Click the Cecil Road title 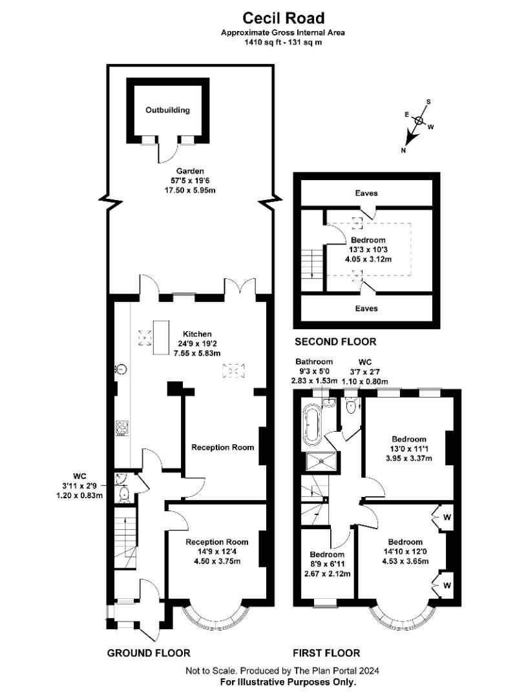pyautogui.click(x=284, y=18)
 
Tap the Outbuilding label pyautogui.click(x=168, y=110)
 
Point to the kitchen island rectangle pyautogui.click(x=161, y=338)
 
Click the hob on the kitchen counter pyautogui.click(x=122, y=427)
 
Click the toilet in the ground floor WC pyautogui.click(x=123, y=494)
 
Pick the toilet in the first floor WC pyautogui.click(x=352, y=406)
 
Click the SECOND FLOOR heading pyautogui.click(x=335, y=341)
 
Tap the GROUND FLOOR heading pyautogui.click(x=149, y=652)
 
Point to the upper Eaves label pyautogui.click(x=366, y=193)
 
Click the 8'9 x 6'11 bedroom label pyautogui.click(x=327, y=563)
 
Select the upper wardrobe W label pyautogui.click(x=447, y=518)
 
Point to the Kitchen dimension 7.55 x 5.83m pyautogui.click(x=197, y=353)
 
